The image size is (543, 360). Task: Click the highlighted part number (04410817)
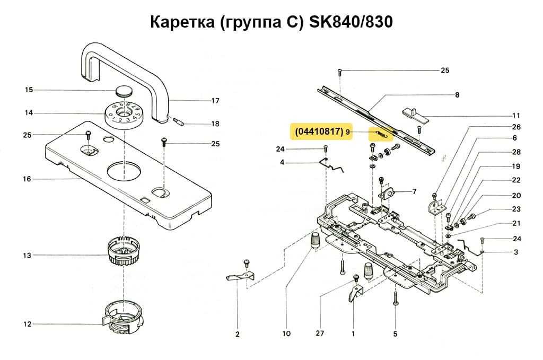[316, 131]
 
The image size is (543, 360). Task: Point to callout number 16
[27, 179]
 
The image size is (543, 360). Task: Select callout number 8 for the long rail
[457, 95]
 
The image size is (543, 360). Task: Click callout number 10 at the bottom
[286, 334]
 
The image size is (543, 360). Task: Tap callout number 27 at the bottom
[320, 334]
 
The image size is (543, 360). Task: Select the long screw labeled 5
[396, 302]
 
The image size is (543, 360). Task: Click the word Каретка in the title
[181, 23]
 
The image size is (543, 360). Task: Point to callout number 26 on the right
[516, 127]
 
